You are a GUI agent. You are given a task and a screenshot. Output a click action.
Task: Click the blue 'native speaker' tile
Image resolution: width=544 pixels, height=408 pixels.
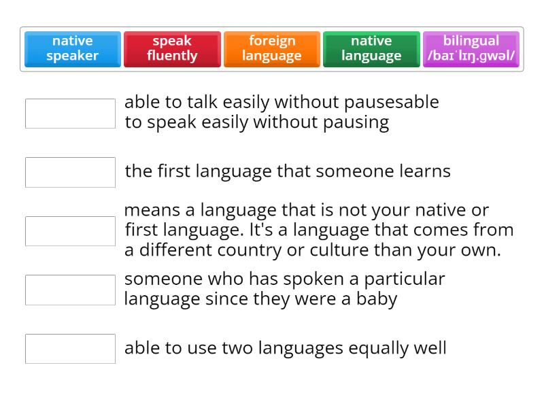73,49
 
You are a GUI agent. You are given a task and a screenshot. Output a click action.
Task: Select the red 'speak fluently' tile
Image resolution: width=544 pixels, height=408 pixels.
172,49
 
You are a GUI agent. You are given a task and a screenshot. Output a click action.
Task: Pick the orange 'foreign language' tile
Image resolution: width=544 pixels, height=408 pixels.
272,49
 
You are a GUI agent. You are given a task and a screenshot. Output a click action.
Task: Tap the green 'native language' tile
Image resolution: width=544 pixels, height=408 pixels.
371,49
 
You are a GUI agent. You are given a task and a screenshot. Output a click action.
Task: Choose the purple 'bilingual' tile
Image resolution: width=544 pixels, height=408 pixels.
471,49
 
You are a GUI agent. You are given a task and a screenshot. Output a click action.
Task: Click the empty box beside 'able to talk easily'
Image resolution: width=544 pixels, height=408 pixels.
70,114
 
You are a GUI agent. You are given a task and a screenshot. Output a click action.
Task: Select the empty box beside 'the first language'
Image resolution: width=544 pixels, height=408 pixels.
70,172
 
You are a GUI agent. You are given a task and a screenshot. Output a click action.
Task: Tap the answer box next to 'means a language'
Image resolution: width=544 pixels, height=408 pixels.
70,231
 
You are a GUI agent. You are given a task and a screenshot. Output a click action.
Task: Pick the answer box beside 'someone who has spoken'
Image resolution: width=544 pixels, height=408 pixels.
70,290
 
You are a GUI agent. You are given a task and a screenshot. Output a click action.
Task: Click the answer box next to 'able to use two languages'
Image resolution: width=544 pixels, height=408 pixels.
70,349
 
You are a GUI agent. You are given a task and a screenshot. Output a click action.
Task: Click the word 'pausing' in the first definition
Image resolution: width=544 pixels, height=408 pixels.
356,123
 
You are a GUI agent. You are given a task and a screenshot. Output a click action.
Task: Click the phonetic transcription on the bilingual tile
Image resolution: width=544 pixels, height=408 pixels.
471,56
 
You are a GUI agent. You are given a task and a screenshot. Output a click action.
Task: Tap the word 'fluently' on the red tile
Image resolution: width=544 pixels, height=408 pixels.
172,56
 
